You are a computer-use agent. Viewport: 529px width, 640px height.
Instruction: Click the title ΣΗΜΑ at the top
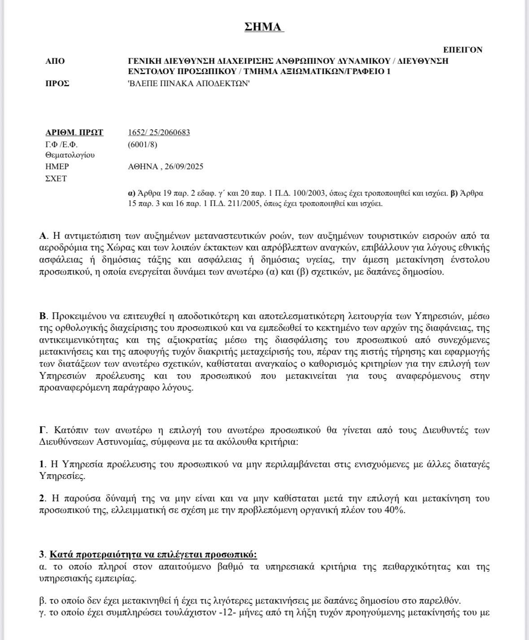(264, 27)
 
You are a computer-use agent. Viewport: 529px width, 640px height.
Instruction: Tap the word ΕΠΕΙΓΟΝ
(463, 50)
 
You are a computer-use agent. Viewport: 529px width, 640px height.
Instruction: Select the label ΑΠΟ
(55, 61)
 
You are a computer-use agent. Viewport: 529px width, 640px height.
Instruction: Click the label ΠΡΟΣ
(57, 83)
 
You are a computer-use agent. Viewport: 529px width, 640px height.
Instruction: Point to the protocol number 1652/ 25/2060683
(159, 132)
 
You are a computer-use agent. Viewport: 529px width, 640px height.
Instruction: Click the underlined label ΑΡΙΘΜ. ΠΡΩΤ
(74, 132)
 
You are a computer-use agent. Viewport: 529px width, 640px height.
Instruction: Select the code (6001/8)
(142, 145)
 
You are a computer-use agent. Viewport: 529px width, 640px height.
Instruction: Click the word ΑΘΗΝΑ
(143, 167)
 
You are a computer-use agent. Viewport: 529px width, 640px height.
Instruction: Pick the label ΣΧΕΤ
(56, 179)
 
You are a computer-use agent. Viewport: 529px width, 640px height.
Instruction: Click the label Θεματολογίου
(70, 155)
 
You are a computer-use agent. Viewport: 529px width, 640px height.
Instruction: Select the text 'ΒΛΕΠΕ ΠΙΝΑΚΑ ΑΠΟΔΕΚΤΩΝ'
(188, 83)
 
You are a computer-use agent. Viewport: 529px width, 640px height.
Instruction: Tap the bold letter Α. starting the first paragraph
(44, 236)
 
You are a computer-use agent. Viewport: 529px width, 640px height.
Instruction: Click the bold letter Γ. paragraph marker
(43, 430)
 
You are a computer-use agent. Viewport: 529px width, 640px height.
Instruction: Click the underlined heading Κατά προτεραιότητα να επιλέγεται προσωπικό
(153, 554)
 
